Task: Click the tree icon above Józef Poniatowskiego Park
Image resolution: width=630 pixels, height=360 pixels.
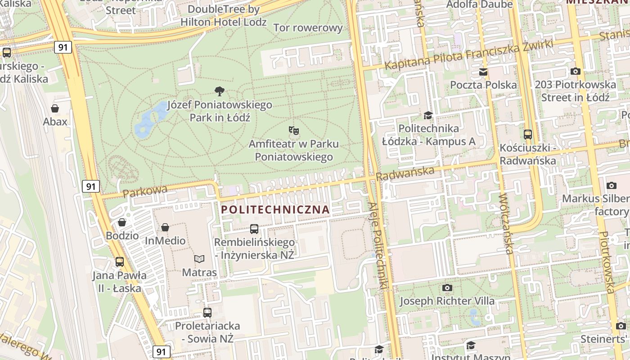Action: [x=220, y=91]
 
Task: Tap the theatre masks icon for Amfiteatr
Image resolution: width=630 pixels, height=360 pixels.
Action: [x=294, y=130]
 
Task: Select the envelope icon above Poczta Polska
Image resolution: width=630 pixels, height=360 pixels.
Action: [x=483, y=72]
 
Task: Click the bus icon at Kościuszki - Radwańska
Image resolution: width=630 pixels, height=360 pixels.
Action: [x=528, y=134]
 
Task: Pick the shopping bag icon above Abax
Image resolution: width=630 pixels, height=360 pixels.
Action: [x=55, y=108]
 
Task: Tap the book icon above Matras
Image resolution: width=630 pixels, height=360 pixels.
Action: [x=199, y=259]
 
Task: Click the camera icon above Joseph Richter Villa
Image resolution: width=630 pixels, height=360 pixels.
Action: [x=447, y=288]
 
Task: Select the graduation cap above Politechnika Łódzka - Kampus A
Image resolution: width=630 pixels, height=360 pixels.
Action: [x=428, y=115]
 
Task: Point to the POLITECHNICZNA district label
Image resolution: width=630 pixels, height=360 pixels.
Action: [x=276, y=210]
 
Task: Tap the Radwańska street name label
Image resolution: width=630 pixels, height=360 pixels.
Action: [x=405, y=173]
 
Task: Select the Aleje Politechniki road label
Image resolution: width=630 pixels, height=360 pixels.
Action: [x=378, y=245]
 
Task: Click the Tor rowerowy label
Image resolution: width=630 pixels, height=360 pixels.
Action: [x=308, y=28]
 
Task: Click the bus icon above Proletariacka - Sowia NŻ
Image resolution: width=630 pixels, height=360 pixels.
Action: [x=207, y=312]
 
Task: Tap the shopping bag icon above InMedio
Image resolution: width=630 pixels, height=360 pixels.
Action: [x=165, y=227]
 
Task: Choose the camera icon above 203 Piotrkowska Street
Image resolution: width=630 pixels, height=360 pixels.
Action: [x=575, y=71]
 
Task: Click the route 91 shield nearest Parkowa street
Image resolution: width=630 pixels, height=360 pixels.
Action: [x=91, y=186]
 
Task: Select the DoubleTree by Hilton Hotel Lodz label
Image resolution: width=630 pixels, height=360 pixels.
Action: [x=224, y=15]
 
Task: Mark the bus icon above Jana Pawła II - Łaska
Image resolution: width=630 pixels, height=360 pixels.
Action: [x=120, y=261]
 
